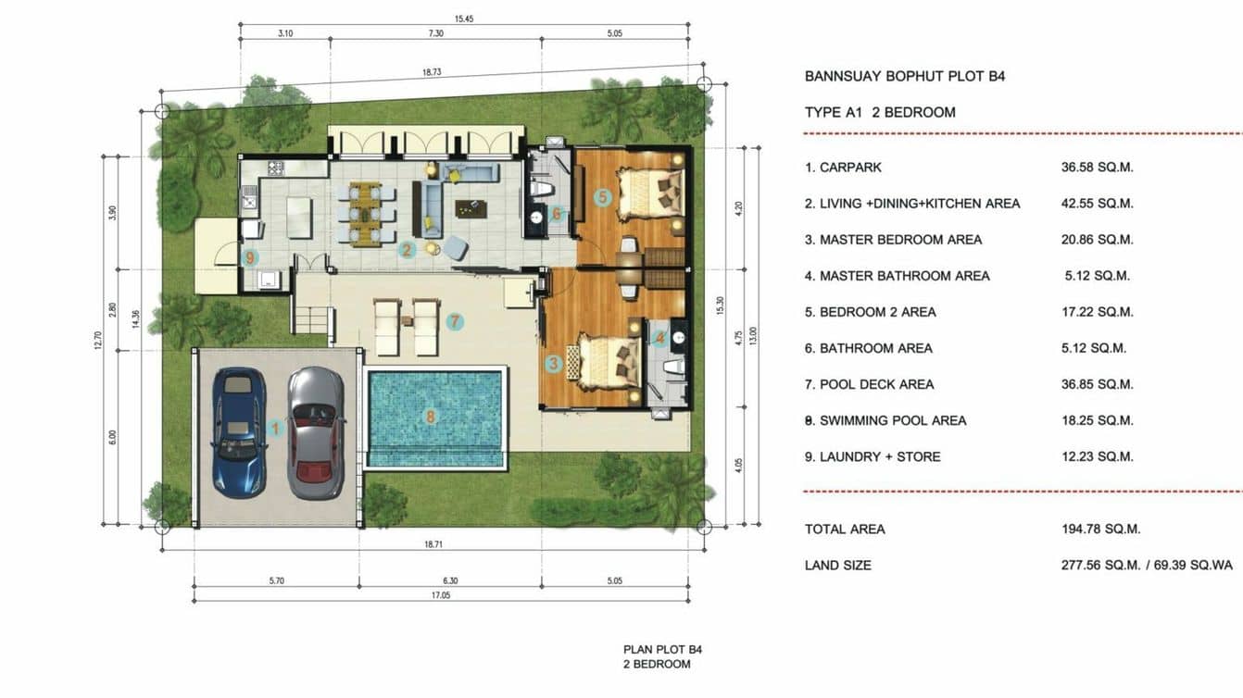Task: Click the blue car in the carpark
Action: [x=239, y=432]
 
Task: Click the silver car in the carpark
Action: [x=316, y=432]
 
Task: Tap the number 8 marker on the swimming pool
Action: [x=431, y=417]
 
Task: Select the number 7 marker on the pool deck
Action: [x=454, y=322]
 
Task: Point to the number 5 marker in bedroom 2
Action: [x=602, y=196]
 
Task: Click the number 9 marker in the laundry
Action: [x=249, y=257]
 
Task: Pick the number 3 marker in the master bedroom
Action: [x=554, y=364]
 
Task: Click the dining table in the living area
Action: [x=364, y=214]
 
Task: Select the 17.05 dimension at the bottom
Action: [x=439, y=596]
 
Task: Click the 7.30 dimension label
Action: [x=436, y=33]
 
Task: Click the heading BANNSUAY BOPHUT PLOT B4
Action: [x=904, y=76]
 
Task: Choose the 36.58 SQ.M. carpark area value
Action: [x=1097, y=168]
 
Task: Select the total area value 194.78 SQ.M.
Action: [x=1100, y=530]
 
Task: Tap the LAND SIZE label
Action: [x=837, y=565]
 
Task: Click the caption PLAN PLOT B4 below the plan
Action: [x=656, y=650]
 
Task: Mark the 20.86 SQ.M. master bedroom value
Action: [x=1097, y=240]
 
